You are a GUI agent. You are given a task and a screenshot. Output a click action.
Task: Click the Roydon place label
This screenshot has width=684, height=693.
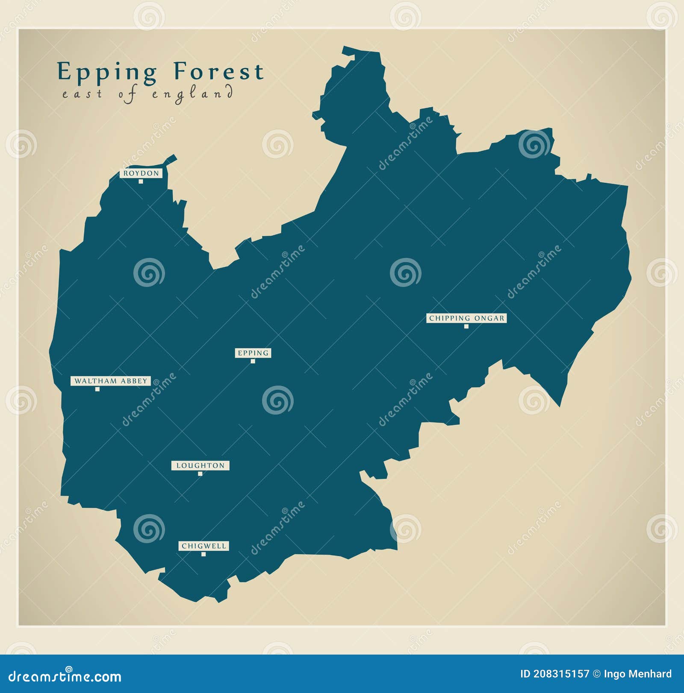pyautogui.click(x=141, y=173)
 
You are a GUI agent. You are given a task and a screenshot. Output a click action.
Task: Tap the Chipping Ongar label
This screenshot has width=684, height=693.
pyautogui.click(x=466, y=318)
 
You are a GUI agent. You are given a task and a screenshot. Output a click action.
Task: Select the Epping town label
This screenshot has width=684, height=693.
pyautogui.click(x=253, y=353)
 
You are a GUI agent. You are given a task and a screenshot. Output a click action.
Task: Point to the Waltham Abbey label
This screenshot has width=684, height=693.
pyautogui.click(x=111, y=381)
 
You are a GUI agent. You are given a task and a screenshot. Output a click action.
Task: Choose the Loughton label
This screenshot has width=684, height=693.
pyautogui.click(x=200, y=465)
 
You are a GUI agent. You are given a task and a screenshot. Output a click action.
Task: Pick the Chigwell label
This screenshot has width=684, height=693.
pyautogui.click(x=203, y=546)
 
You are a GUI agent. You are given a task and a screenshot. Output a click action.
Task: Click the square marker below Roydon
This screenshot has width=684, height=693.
pyautogui.click(x=141, y=181)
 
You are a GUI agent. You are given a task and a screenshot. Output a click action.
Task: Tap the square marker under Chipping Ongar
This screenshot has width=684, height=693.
pyautogui.click(x=466, y=327)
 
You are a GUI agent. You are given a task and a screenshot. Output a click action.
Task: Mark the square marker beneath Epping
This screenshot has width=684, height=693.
pyautogui.click(x=253, y=361)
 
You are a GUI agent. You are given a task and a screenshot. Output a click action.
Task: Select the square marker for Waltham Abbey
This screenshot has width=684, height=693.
pyautogui.click(x=97, y=389)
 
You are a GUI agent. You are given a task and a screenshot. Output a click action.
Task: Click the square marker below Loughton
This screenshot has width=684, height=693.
pyautogui.click(x=200, y=474)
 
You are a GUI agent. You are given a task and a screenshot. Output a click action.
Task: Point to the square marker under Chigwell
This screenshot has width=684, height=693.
pyautogui.click(x=203, y=554)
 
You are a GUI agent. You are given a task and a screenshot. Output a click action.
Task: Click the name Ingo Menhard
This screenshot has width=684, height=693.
pyautogui.click(x=637, y=674)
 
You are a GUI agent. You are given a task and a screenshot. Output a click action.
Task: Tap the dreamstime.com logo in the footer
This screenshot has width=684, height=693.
pyautogui.click(x=65, y=676)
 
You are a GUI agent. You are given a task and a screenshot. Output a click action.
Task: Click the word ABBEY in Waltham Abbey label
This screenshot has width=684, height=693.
pyautogui.click(x=133, y=381)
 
